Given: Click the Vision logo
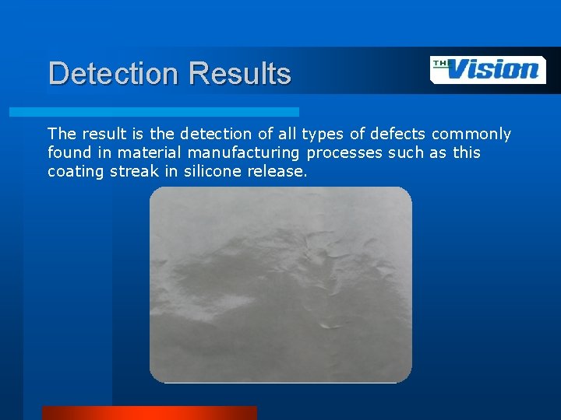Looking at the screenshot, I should coord(489,69).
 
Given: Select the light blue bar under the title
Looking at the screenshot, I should coord(153,112).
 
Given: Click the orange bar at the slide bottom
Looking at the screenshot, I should coord(149,413).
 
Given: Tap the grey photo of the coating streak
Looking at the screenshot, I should coord(280,285).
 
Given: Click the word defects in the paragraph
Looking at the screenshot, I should coord(397,135).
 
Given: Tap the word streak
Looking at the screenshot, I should coord(134,171).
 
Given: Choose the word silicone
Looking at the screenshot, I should coord(213,171).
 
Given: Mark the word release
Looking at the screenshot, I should coord(277,171).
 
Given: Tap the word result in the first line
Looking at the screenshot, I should coord(98,135).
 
